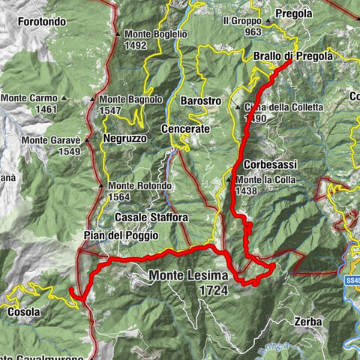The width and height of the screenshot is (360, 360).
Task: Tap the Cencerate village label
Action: pyautogui.click(x=185, y=129)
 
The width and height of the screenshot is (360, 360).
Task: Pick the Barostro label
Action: pyautogui.click(x=200, y=100)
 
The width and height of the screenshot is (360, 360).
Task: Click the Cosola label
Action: pyautogui.click(x=25, y=311)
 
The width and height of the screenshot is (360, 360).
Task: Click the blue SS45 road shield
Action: pyautogui.click(x=354, y=280)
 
